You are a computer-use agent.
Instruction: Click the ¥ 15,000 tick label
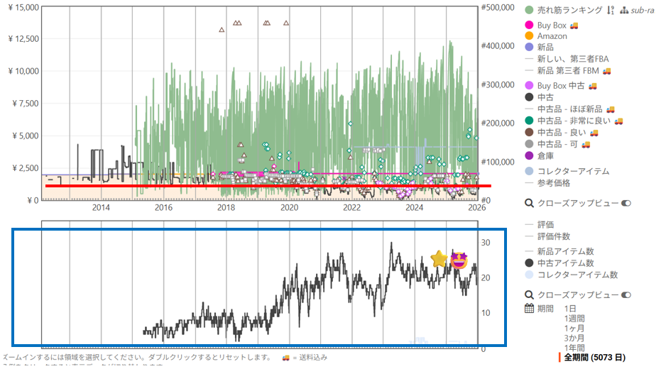point(21,6)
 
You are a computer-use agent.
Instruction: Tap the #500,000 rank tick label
point(499,7)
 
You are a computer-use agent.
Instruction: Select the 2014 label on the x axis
point(101,207)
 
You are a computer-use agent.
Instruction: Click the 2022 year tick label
point(351,207)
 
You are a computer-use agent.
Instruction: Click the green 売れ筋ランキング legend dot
point(529,10)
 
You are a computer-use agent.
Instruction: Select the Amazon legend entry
point(552,36)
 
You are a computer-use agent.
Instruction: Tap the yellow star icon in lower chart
point(440,260)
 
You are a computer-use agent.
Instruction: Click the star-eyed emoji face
point(459,260)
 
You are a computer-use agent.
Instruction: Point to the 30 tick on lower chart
point(486,242)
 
